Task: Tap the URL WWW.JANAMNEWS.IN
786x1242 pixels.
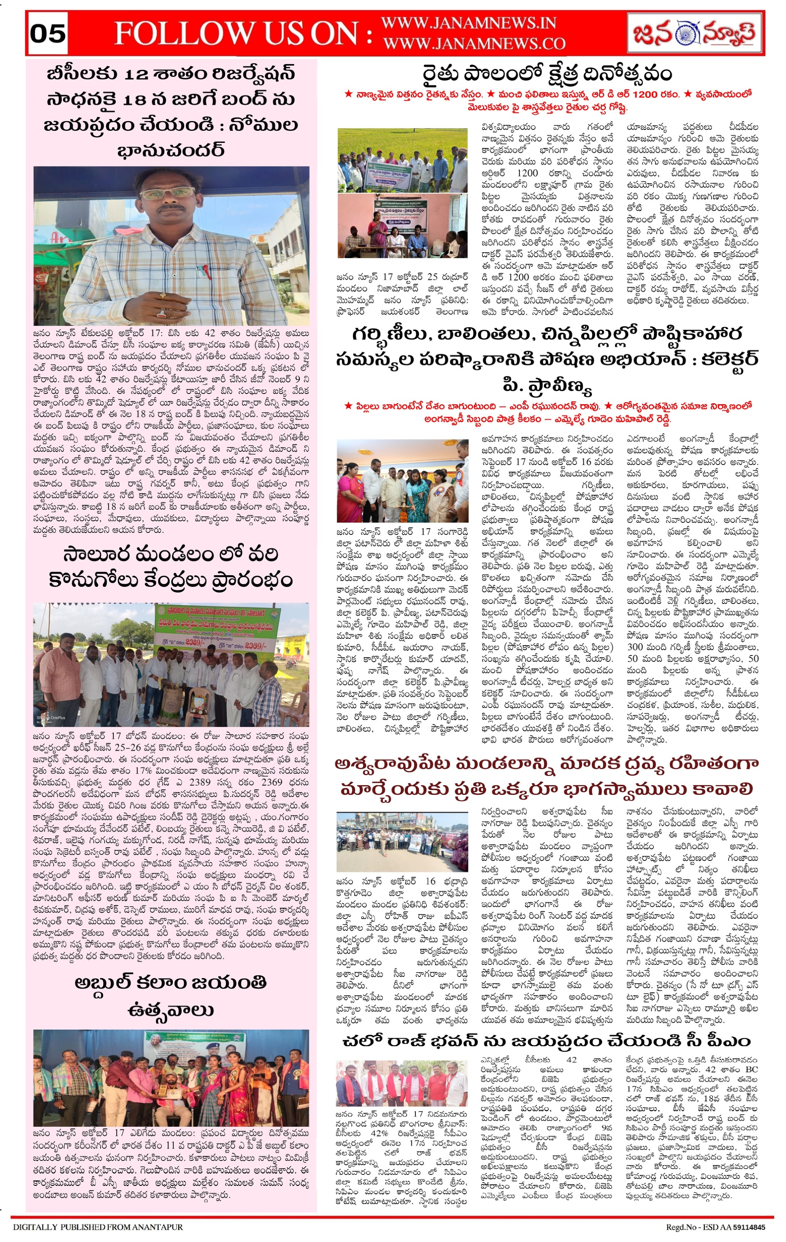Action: (x=468, y=23)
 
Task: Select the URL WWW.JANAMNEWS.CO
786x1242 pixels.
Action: (x=474, y=43)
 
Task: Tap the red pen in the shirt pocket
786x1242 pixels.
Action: (x=205, y=269)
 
